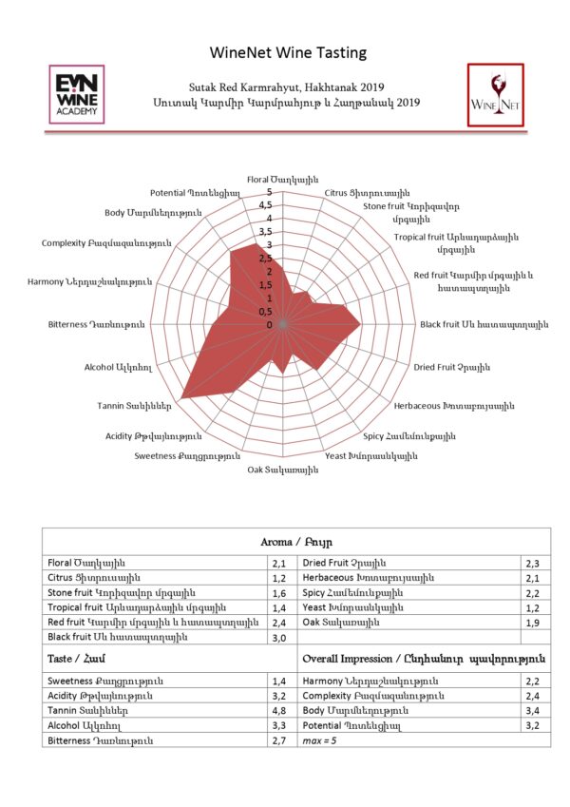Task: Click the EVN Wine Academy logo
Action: pos(77,94)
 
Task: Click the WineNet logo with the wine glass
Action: pos(495,95)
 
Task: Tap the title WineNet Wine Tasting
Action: pos(288,52)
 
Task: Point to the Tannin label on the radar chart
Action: pos(134,406)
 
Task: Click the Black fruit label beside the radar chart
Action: pos(484,325)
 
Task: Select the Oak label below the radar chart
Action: pos(282,470)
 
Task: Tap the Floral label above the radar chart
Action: pos(282,180)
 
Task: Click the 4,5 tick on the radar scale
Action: pos(265,204)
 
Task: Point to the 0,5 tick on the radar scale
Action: pos(265,312)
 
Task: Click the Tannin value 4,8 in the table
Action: pos(279,711)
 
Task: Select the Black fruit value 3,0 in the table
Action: pos(279,638)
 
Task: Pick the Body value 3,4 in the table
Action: pos(532,711)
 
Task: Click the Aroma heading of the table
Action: pos(296,542)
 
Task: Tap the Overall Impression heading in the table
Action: pos(424,660)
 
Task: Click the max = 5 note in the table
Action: pos(319,741)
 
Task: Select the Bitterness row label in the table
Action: pos(101,741)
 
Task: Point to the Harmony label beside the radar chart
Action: pos(90,282)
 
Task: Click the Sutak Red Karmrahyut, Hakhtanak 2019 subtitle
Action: pos(287,87)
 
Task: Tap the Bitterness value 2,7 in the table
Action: pos(279,741)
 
